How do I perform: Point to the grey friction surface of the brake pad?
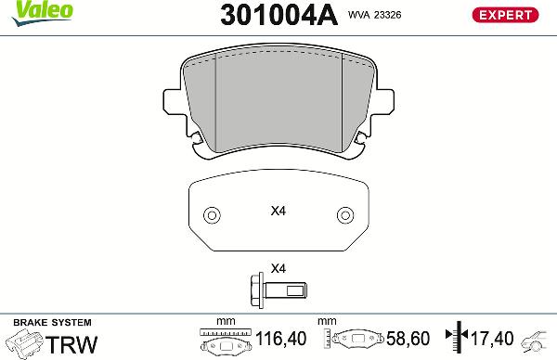click(278, 102)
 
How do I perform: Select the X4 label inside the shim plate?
click(278, 212)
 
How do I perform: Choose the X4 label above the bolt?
click(278, 270)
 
